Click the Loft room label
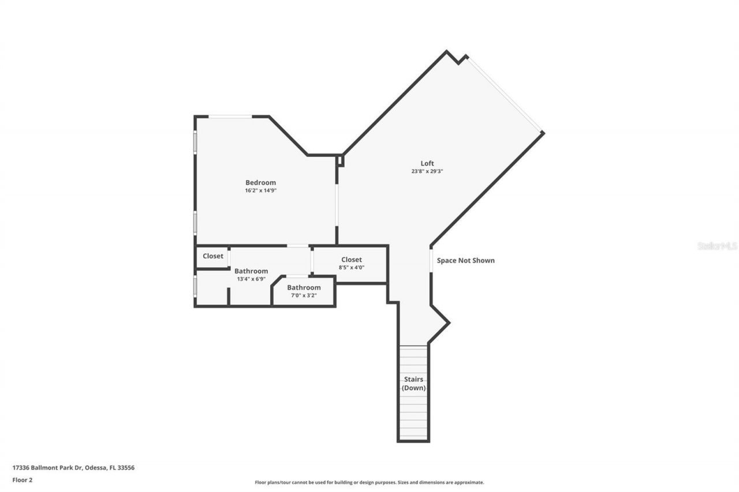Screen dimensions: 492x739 [427, 163]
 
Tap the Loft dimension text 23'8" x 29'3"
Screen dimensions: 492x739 [427, 171]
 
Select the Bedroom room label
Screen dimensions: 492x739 [260, 182]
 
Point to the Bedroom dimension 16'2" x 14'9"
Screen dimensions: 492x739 [261, 190]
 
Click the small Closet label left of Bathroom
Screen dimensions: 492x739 [213, 256]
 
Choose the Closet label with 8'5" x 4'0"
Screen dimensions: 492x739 [351, 260]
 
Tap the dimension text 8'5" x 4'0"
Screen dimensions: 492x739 [351, 268]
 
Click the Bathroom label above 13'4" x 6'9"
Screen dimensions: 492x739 [251, 271]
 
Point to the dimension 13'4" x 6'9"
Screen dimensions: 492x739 [251, 279]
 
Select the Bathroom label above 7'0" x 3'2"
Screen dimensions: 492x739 [304, 287]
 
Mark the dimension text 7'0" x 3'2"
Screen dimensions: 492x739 [303, 295]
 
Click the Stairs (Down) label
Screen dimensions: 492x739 [413, 384]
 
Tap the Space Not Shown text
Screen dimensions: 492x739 [465, 260]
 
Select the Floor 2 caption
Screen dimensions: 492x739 [23, 479]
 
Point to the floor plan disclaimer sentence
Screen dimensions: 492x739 [369, 482]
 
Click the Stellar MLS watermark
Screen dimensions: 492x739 [717, 246]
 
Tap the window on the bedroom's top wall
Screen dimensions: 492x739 [230, 117]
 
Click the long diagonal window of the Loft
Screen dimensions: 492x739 [505, 95]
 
